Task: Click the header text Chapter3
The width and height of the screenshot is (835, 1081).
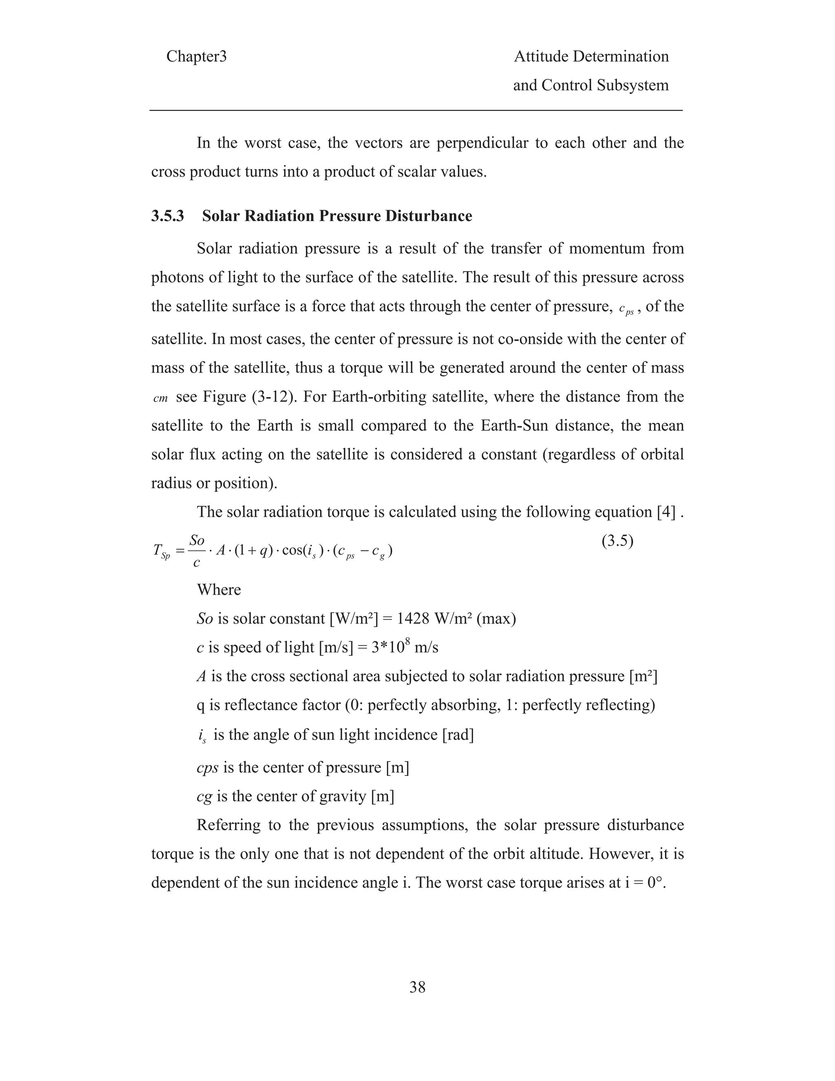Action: pos(197,57)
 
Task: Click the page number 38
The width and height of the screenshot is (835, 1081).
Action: pos(417,988)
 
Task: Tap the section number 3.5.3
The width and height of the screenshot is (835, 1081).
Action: pos(168,216)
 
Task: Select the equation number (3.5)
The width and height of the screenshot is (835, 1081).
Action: pos(617,541)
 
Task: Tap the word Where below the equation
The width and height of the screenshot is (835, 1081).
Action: pos(219,590)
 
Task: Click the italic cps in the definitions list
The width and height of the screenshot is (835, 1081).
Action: pos(208,768)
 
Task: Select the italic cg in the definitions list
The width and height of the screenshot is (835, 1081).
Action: pos(204,796)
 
